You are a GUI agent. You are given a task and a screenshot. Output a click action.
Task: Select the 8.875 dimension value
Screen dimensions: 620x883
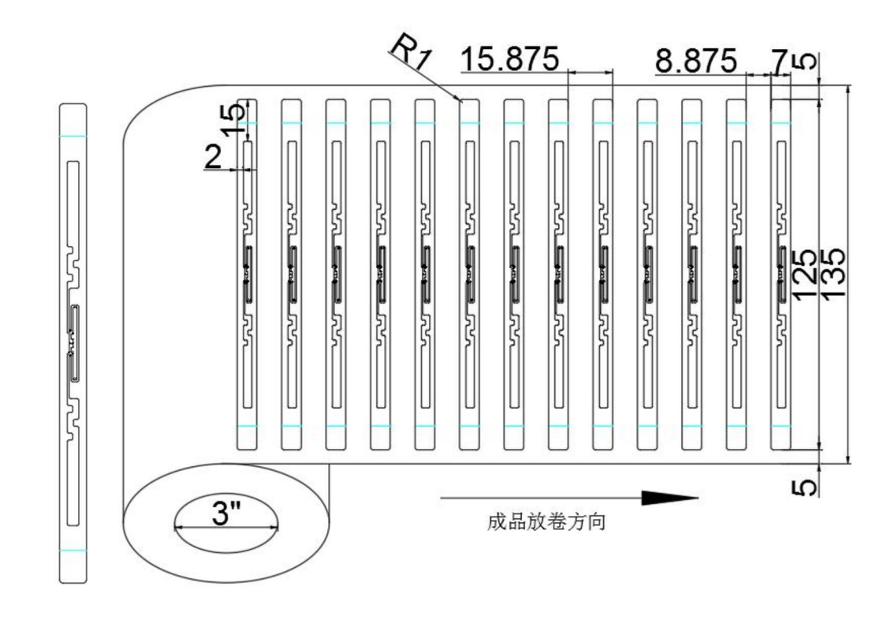tap(696, 61)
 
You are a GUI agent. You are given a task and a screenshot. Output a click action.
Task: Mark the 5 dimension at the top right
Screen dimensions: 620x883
tap(806, 62)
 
